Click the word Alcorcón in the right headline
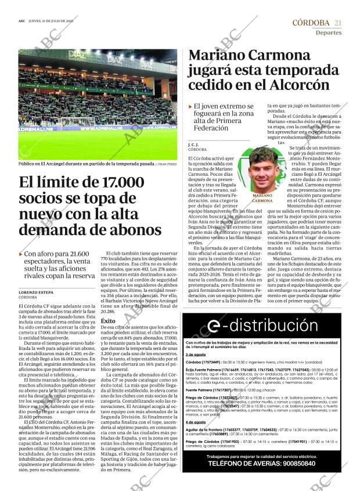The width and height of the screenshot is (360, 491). (x=296, y=84)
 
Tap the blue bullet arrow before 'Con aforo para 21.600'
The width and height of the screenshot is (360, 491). (x=21, y=254)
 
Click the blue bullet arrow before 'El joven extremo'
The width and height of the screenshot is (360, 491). (x=190, y=107)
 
